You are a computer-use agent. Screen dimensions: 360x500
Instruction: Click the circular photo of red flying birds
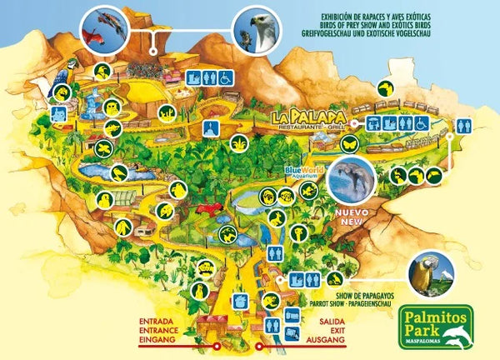[104, 29]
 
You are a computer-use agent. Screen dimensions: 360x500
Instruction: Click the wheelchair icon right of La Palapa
[422, 122]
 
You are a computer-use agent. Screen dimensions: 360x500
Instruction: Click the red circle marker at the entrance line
[216, 344]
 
